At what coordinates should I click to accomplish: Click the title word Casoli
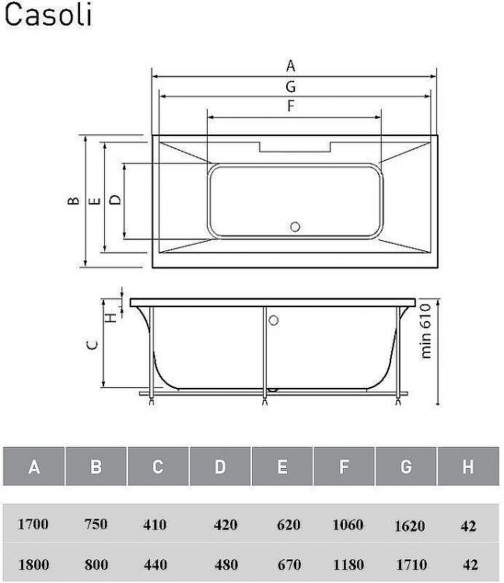(x=47, y=15)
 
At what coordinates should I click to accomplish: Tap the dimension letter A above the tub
(x=291, y=65)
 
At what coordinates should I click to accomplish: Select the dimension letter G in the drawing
(x=291, y=86)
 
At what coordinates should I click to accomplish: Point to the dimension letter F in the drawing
(x=291, y=106)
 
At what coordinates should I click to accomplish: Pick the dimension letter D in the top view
(x=115, y=200)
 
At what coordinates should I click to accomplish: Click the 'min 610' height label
(x=425, y=331)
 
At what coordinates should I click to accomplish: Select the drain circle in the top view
(x=295, y=226)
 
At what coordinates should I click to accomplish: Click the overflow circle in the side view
(x=273, y=319)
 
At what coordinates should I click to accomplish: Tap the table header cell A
(x=33, y=467)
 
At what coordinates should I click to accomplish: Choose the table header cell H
(x=468, y=467)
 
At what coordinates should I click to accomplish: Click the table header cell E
(x=282, y=467)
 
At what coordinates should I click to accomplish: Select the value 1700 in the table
(x=33, y=525)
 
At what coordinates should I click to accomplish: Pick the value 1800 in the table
(x=33, y=564)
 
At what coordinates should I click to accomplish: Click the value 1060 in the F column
(x=348, y=525)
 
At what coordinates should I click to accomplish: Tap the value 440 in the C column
(x=155, y=564)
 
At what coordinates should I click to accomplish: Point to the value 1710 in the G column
(x=410, y=565)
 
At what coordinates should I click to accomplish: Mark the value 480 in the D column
(x=226, y=564)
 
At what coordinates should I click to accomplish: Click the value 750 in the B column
(x=96, y=525)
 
